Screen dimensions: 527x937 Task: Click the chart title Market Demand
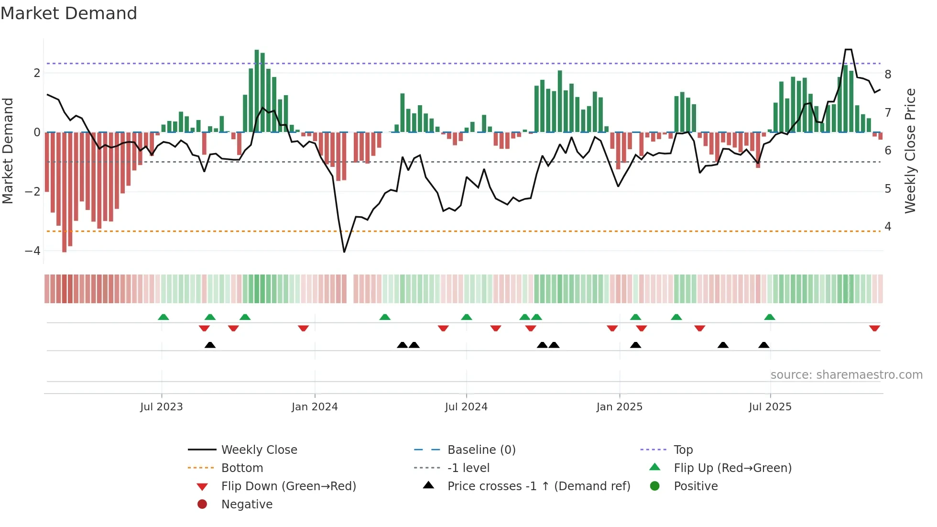[69, 13]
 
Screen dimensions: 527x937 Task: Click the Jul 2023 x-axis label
[162, 407]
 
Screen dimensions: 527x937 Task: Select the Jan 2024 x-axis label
[315, 407]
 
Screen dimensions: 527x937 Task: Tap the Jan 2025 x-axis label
[620, 407]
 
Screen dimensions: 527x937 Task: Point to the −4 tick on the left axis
[33, 251]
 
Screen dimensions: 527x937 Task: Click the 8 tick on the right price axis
[888, 75]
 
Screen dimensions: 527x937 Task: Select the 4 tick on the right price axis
[888, 227]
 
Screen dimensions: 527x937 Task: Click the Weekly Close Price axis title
[910, 151]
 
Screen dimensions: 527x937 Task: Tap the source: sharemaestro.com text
[846, 375]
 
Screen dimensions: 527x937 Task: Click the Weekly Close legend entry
[259, 450]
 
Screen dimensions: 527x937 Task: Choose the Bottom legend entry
[242, 468]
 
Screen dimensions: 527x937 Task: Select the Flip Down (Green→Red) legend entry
[288, 486]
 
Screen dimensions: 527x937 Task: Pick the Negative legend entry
[247, 505]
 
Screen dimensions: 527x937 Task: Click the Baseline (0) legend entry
[481, 450]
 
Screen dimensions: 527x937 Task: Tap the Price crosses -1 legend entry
[539, 486]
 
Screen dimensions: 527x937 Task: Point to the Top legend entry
[683, 450]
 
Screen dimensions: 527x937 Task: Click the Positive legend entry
[696, 486]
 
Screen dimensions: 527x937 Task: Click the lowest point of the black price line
[344, 252]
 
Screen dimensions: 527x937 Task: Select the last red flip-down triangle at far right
[874, 328]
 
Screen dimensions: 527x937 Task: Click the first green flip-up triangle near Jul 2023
[163, 317]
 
